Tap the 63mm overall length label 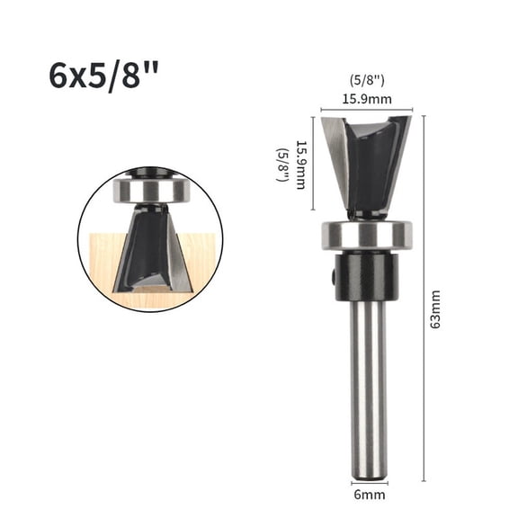pyautogui.click(x=435, y=309)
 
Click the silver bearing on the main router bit pyautogui.click(x=366, y=236)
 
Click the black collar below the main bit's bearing pyautogui.click(x=366, y=276)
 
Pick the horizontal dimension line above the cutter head pyautogui.click(x=367, y=109)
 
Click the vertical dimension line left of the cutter pyautogui.click(x=314, y=164)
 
